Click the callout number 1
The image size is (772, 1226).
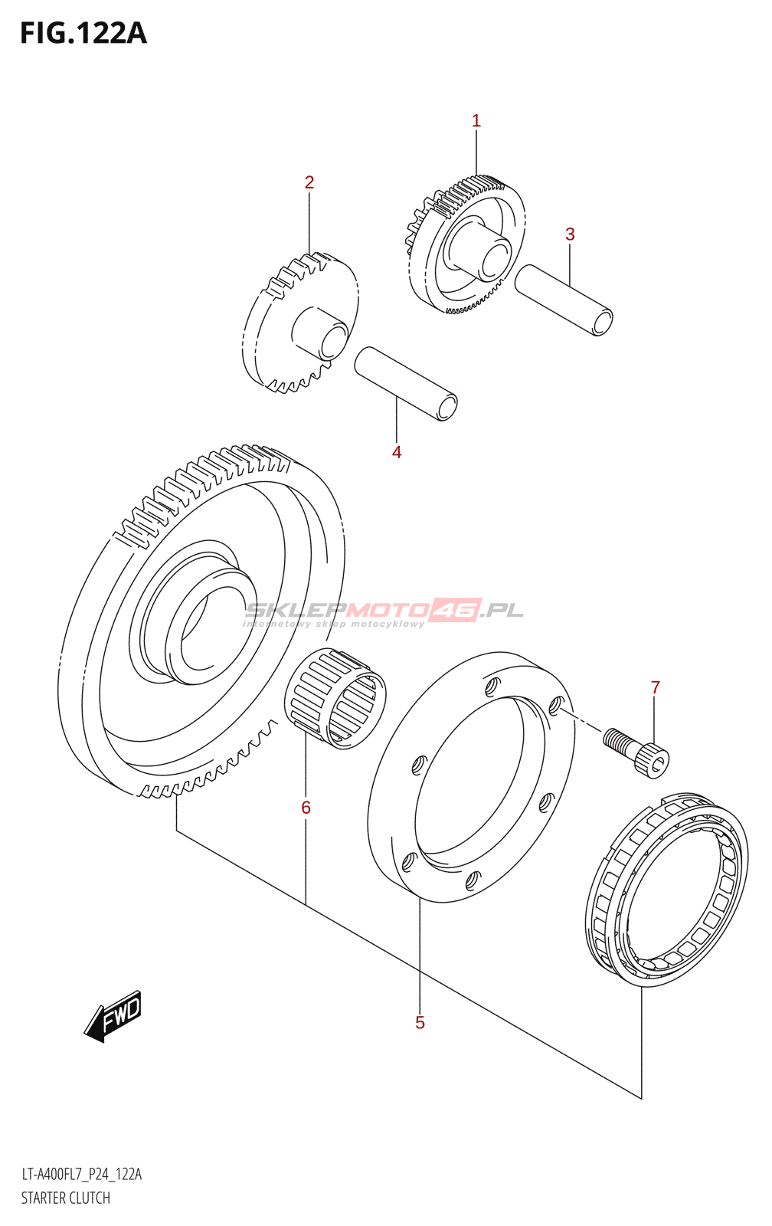[476, 120]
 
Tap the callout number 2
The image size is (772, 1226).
[309, 182]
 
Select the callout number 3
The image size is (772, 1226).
[570, 234]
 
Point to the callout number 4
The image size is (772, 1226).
[397, 452]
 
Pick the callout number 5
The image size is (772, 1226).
[420, 1022]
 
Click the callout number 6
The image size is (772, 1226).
[306, 807]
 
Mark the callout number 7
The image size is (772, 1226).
[656, 687]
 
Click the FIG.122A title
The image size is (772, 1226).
[83, 34]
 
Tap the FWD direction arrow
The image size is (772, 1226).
[113, 1016]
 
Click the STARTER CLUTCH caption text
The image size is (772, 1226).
[65, 1198]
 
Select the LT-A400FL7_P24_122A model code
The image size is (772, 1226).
[81, 1175]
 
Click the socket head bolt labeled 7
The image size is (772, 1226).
[637, 751]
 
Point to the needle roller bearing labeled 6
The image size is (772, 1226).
[335, 697]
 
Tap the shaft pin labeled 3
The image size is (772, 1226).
[564, 300]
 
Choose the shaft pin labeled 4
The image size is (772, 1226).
[406, 383]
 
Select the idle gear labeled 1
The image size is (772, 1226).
[467, 245]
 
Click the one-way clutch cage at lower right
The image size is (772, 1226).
[666, 889]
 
